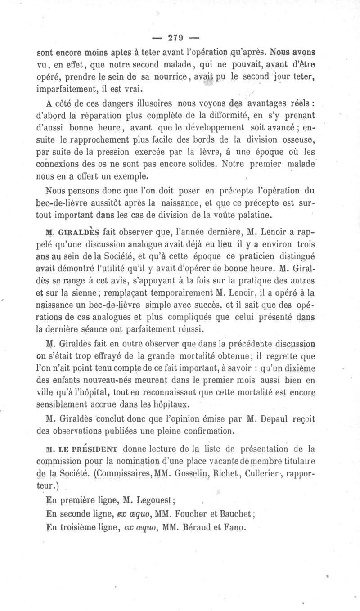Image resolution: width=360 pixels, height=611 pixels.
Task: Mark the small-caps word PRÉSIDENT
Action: tap(94, 448)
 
